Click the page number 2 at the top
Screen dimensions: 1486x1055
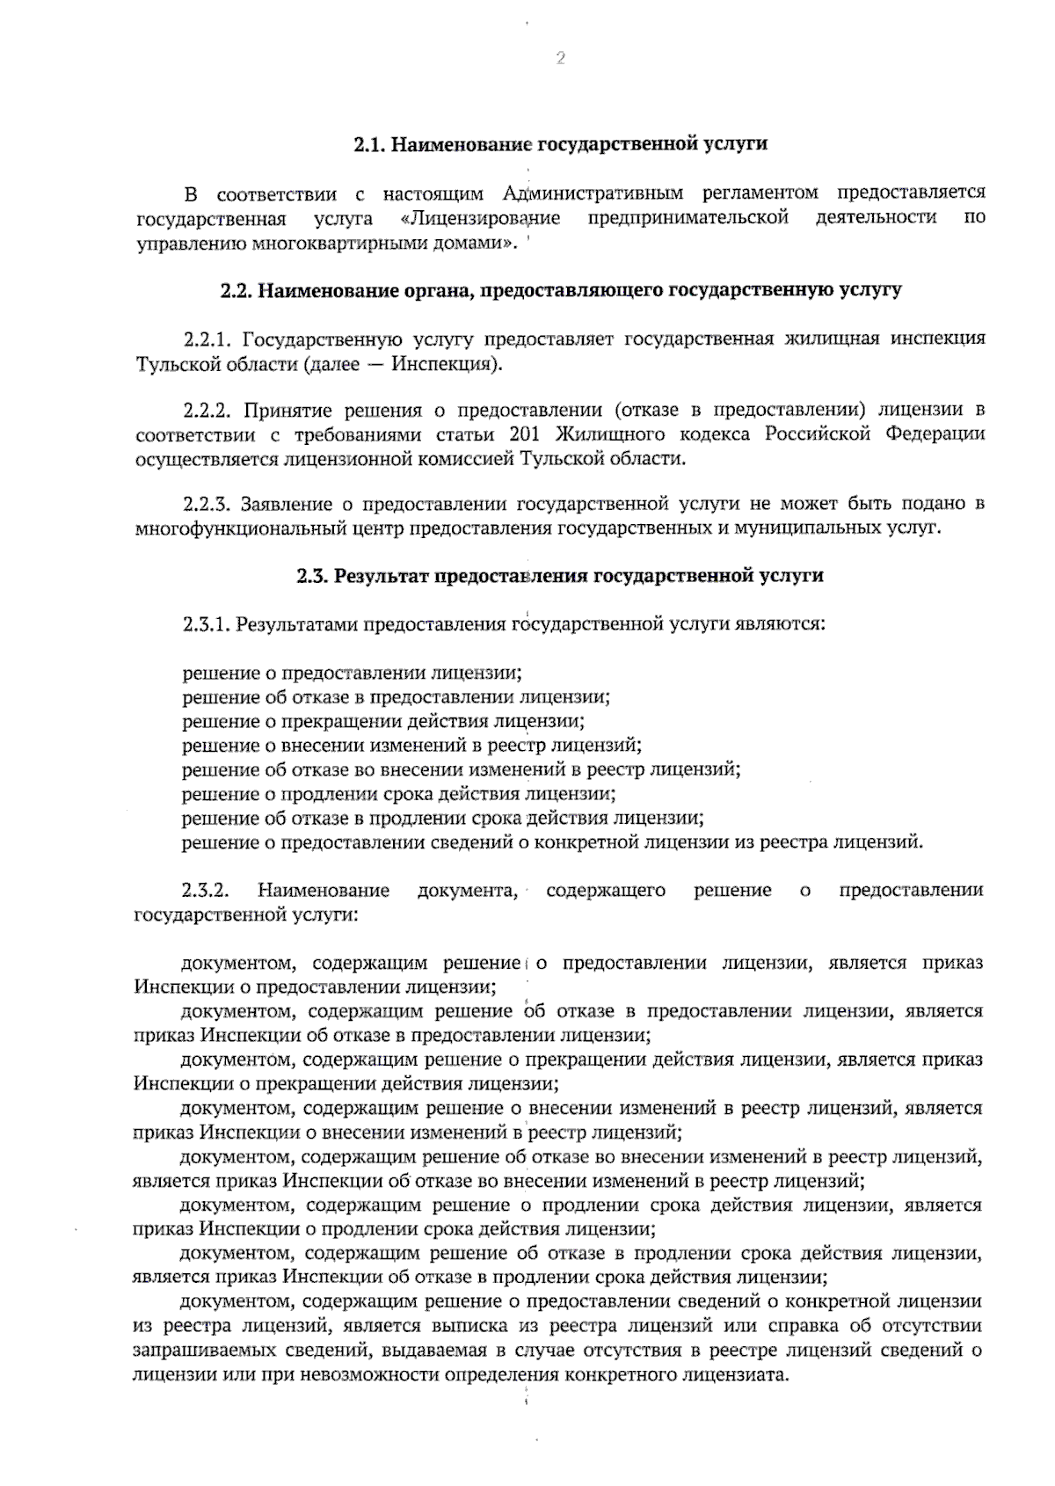[560, 59]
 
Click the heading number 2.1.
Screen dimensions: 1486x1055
[368, 144]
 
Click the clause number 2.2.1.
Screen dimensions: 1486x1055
[207, 339]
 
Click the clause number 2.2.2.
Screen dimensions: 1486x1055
[207, 410]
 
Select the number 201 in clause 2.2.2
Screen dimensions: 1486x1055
[524, 434]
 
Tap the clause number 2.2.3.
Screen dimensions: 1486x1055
[207, 505]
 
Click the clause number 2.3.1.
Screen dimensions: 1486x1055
[207, 625]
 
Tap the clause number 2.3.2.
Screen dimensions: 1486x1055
[207, 891]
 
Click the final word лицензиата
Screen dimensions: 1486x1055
[740, 1375]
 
